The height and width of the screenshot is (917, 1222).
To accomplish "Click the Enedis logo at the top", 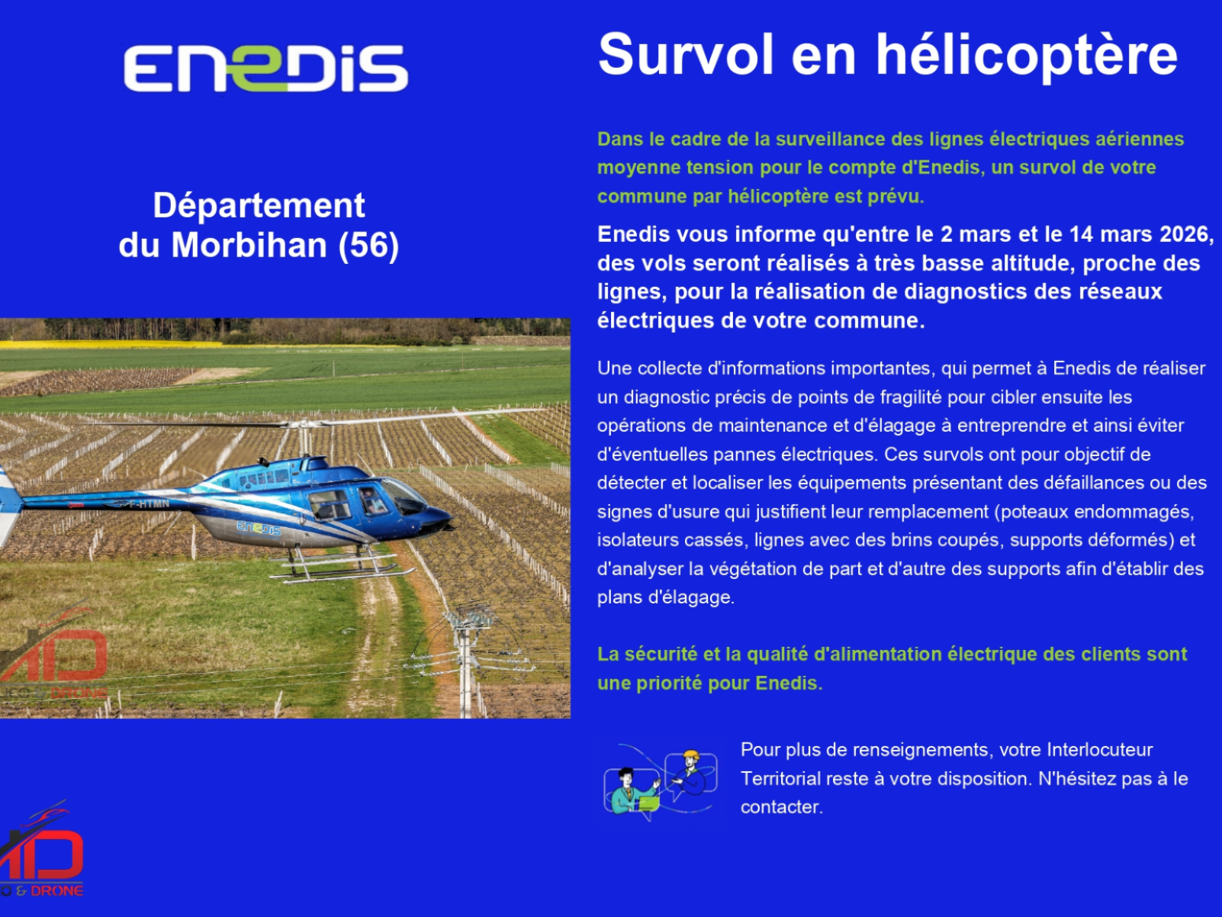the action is pos(265,68).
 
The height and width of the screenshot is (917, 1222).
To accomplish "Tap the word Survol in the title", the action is pos(686,54).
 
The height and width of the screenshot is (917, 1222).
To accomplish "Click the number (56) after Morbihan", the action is pos(368,245).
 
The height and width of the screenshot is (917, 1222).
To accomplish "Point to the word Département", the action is pos(259,205).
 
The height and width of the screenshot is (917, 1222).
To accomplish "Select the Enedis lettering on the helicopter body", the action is pos(259,528).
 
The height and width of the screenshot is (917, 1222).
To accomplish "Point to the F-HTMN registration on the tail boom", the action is pos(149,504).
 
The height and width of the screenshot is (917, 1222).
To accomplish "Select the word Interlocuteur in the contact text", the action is pos(1099,750).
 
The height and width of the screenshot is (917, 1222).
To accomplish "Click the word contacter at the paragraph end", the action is pos(781,807).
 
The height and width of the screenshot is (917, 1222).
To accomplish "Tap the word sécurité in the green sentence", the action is pos(661,655).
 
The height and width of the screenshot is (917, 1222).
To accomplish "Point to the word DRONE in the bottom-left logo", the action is pos(56,891).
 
